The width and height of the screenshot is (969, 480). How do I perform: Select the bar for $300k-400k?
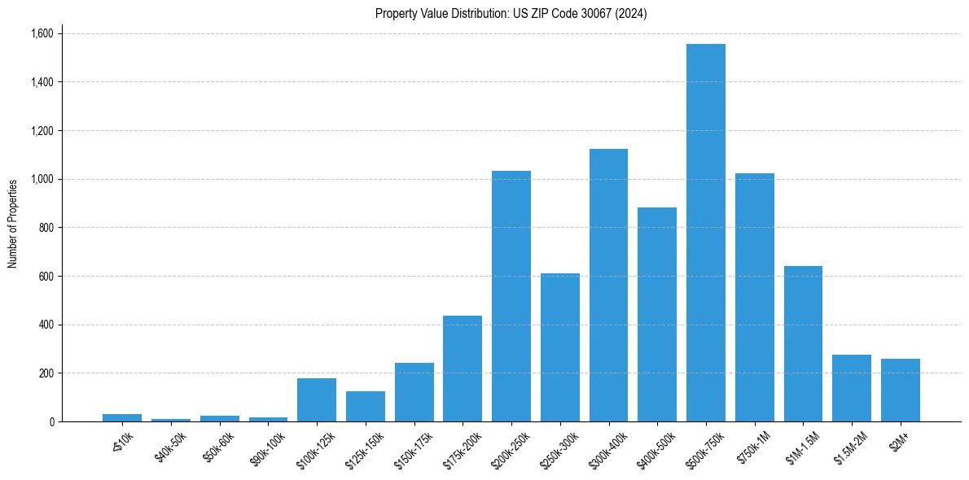pyautogui.click(x=608, y=285)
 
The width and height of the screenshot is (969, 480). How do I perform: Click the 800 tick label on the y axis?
pyautogui.click(x=46, y=228)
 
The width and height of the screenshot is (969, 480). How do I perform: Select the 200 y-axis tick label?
pyautogui.click(x=46, y=373)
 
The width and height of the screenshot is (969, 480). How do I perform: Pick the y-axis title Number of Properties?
pyautogui.click(x=13, y=224)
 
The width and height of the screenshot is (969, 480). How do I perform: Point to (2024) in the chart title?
pyautogui.click(x=631, y=14)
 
